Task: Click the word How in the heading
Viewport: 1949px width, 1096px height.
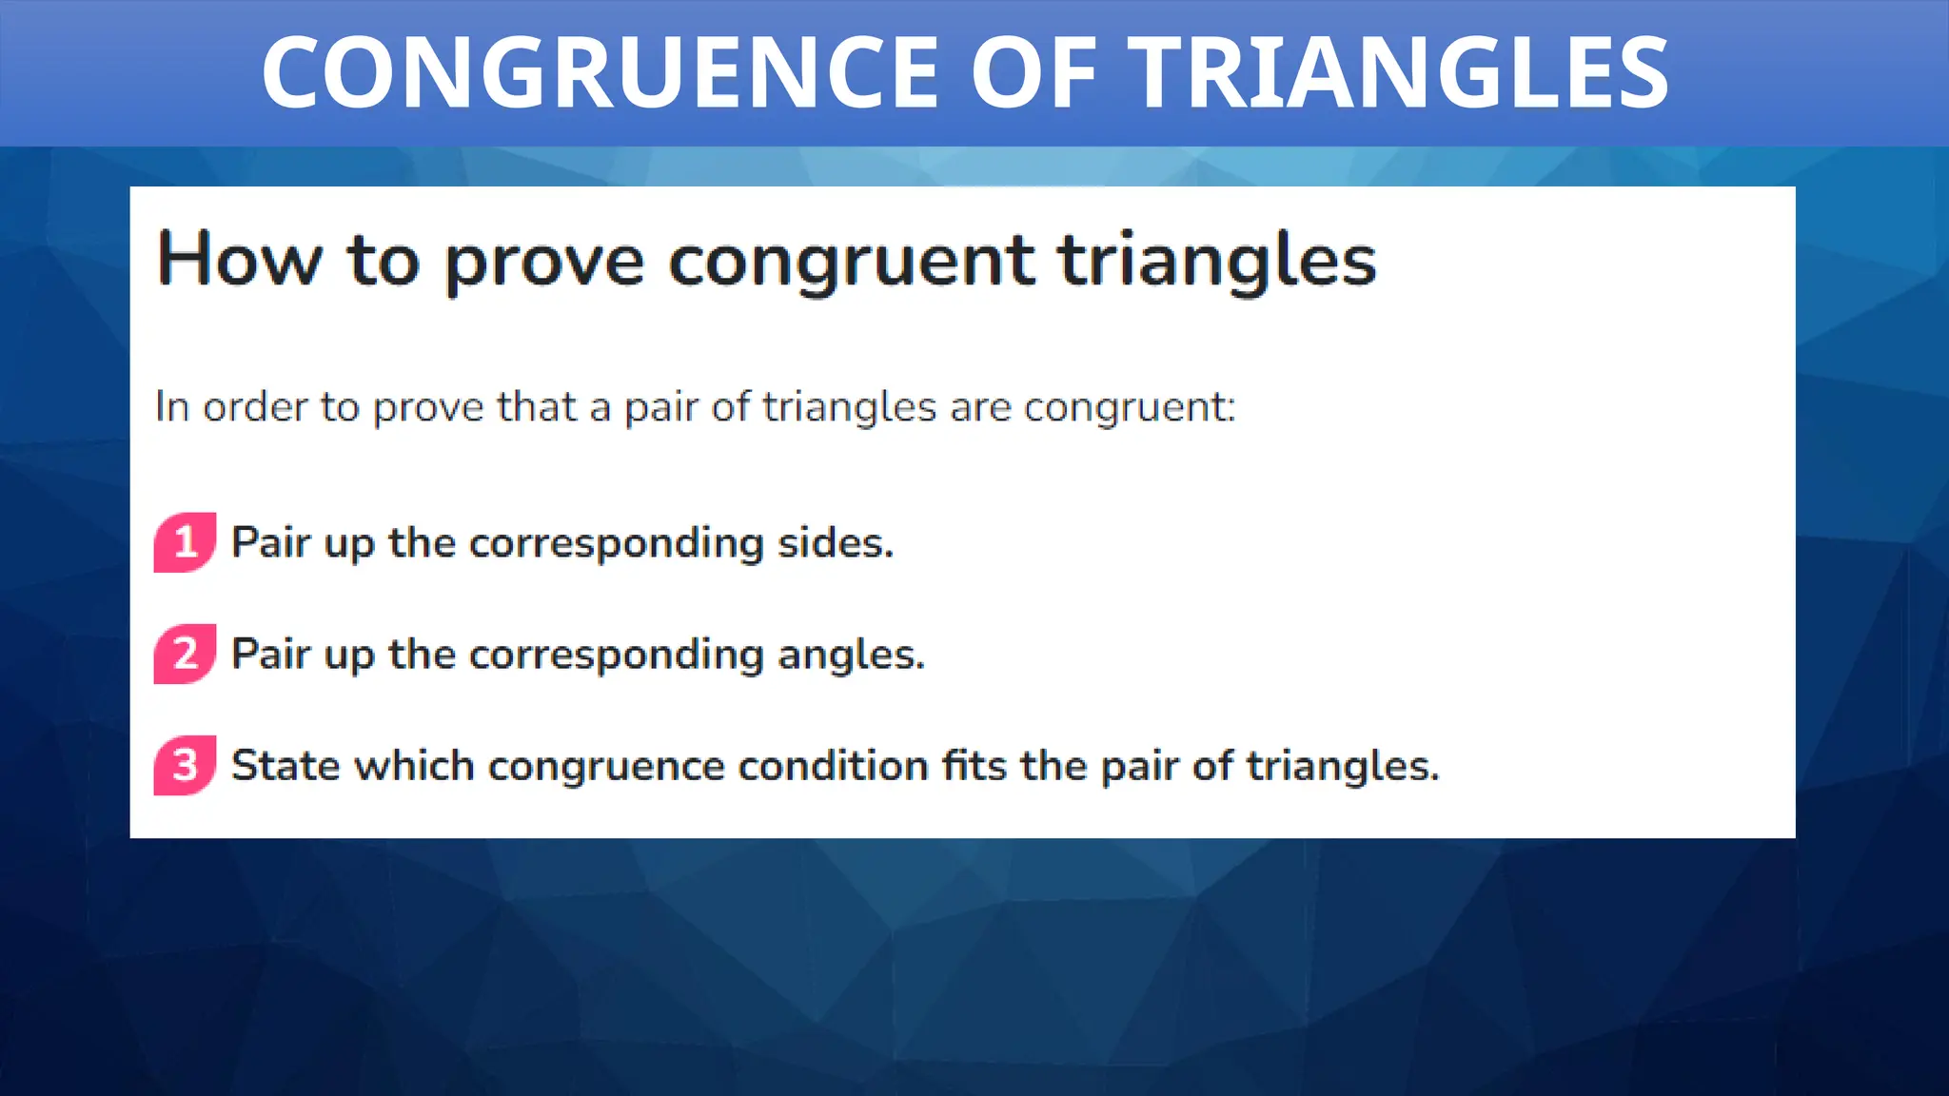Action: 239,259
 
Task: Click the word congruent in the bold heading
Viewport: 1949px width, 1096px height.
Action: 851,262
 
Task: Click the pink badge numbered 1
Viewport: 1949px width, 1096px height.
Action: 185,542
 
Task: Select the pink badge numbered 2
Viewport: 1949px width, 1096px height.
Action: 185,654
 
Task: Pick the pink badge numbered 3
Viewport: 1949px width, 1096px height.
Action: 185,765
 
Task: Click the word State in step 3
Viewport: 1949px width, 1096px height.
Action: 285,766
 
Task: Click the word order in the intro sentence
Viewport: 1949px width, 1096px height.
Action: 255,407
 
